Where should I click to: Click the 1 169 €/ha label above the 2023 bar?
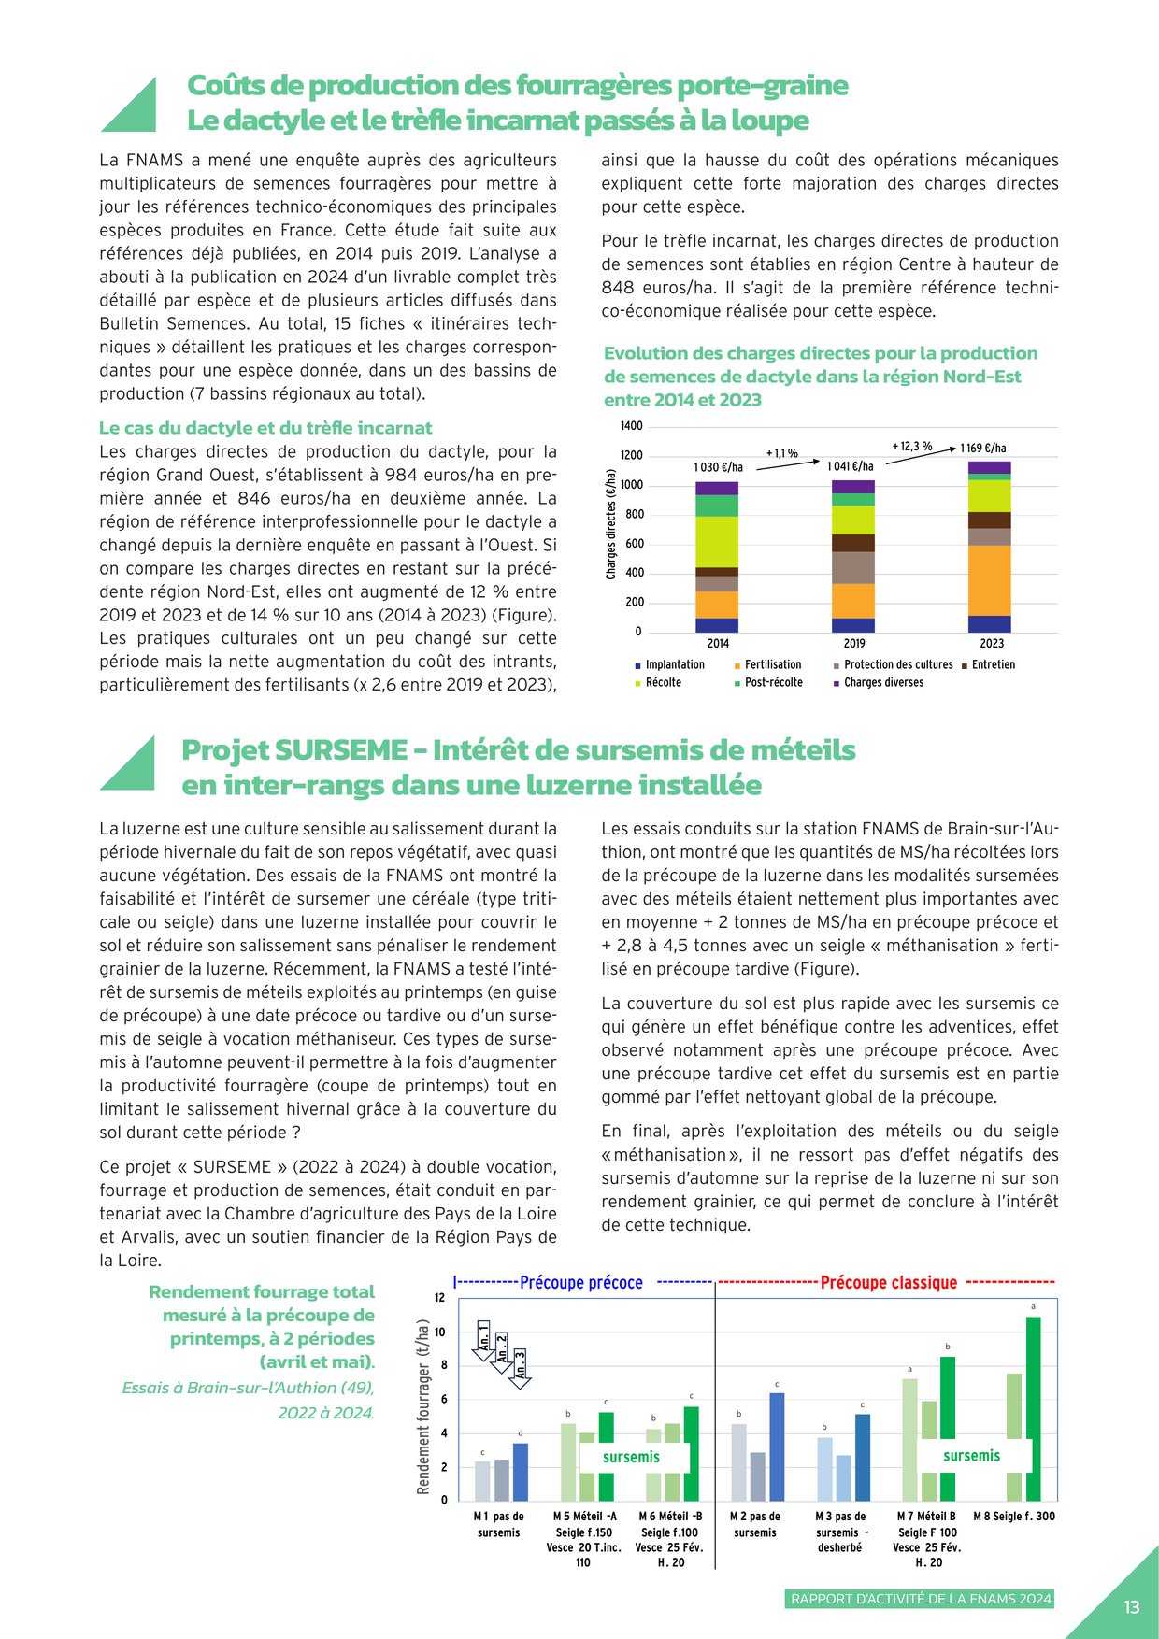[983, 449]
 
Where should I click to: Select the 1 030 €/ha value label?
[718, 467]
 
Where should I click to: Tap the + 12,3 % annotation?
[912, 447]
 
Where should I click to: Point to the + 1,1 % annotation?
[782, 453]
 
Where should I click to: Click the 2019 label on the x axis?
[854, 644]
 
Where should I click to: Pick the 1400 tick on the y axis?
[632, 426]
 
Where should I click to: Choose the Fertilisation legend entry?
[772, 665]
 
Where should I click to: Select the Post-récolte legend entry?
[773, 683]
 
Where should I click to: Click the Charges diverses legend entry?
[883, 683]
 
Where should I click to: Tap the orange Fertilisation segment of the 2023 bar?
[990, 580]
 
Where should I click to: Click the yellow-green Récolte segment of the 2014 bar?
[717, 542]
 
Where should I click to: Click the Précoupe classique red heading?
[888, 1283]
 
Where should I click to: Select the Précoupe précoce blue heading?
[580, 1283]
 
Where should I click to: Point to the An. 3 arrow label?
[521, 1364]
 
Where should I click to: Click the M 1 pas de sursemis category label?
[498, 1524]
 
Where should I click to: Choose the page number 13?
[1132, 1607]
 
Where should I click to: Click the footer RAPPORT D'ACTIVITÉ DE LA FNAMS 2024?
[921, 1599]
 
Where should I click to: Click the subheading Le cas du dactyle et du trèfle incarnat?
[265, 428]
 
